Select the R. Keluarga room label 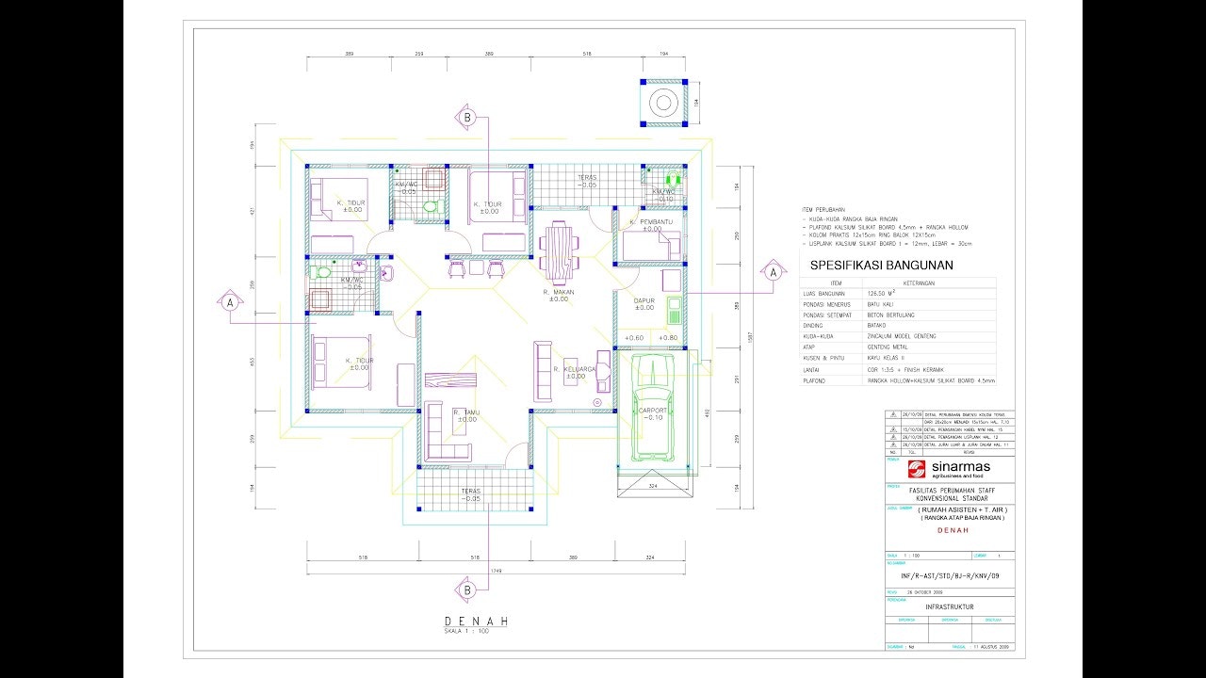point(574,370)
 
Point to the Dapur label point(644,302)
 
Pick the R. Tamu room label point(464,413)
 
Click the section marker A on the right point(773,272)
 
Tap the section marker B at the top point(466,118)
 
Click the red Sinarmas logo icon point(916,470)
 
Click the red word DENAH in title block point(950,530)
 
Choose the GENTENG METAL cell point(888,347)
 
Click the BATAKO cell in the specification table point(878,325)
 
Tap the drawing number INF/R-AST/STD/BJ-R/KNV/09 point(949,575)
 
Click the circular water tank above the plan point(663,102)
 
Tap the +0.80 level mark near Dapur point(668,337)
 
